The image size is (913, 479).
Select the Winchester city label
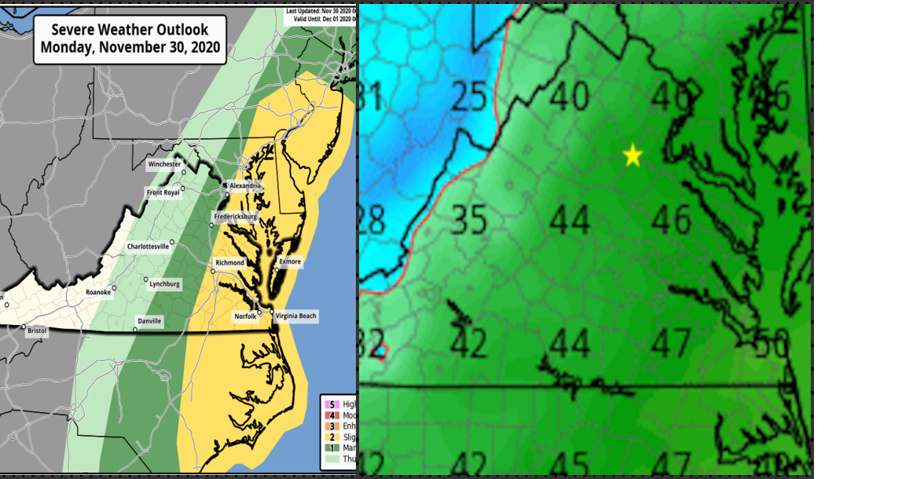coord(165,165)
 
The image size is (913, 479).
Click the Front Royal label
coord(163,192)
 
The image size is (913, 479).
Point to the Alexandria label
coord(245,186)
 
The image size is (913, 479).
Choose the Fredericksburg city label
coord(236,216)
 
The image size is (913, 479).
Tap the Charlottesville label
coord(148,247)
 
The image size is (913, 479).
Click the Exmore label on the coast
coord(290,261)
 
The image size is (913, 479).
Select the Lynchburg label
coord(164,283)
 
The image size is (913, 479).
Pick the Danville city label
coord(149,321)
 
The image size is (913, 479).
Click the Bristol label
coord(37,331)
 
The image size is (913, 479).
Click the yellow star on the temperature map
coord(632,155)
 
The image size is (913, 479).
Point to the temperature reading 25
coord(470,97)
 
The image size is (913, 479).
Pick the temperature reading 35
coord(471,219)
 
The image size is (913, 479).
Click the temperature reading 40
coord(569,96)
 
